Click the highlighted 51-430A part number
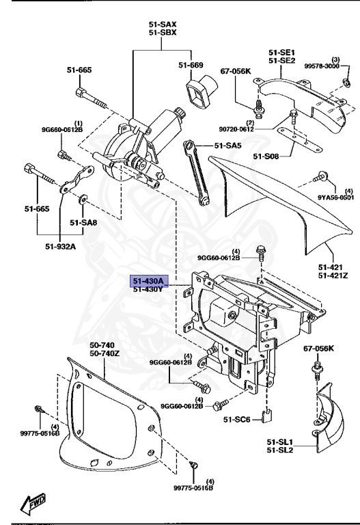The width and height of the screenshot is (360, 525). click(148, 281)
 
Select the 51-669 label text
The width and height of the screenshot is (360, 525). click(191, 65)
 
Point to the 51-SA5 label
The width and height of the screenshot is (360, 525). click(229, 146)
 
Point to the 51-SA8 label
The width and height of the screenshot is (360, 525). click(84, 222)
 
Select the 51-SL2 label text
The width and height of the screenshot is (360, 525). click(281, 450)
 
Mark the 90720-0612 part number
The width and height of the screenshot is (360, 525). click(257, 129)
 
